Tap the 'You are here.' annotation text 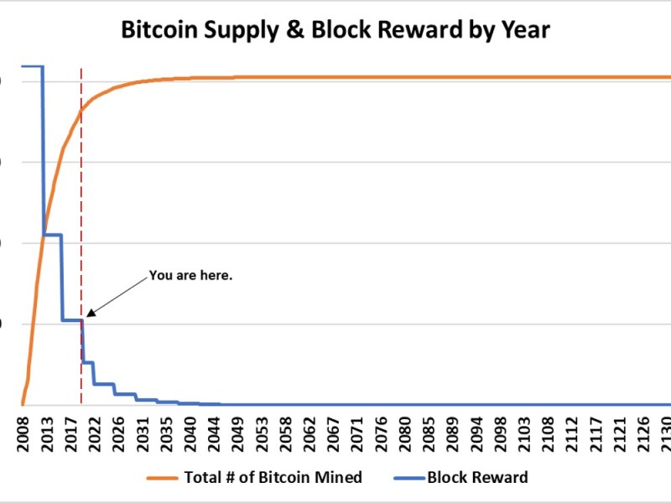click(x=190, y=274)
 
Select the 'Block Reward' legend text click(x=477, y=478)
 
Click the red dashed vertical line click(x=81, y=210)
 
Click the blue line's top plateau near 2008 click(x=32, y=65)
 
